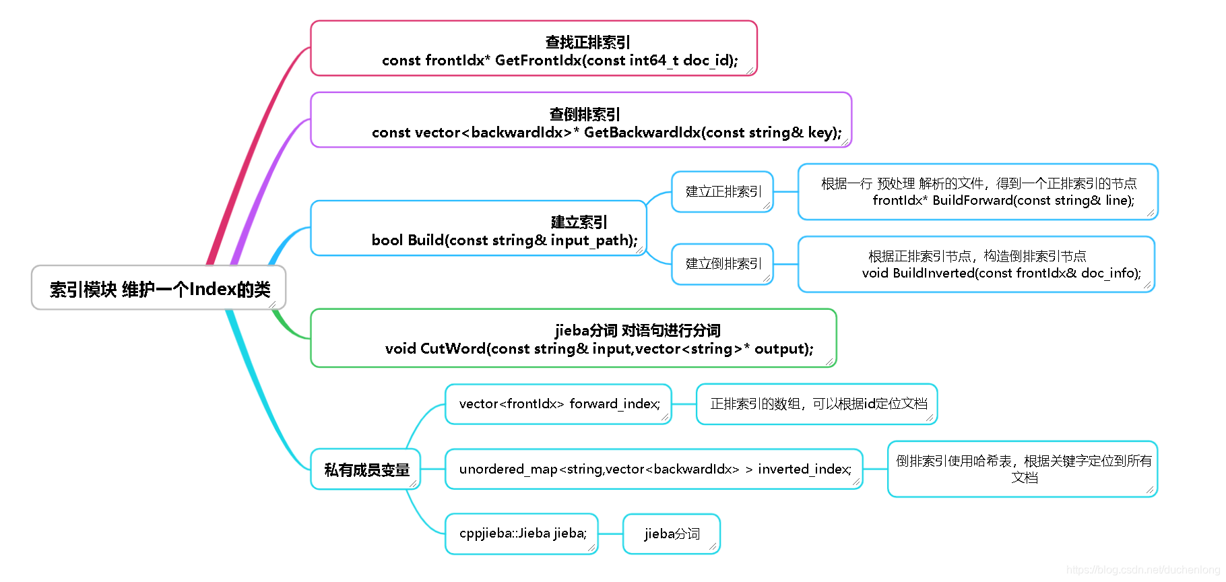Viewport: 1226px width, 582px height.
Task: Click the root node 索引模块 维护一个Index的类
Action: click(159, 288)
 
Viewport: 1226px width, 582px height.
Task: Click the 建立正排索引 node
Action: click(722, 192)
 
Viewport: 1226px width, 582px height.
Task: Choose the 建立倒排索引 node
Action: click(722, 264)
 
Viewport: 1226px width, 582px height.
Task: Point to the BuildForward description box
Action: click(977, 192)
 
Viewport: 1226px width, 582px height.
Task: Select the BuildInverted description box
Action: click(976, 264)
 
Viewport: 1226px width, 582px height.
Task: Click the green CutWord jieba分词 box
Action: click(573, 338)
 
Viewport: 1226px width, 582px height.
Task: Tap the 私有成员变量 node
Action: click(366, 470)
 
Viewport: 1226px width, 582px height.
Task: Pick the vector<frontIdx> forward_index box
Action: click(558, 404)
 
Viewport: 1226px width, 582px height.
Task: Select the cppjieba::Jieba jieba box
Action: click(522, 533)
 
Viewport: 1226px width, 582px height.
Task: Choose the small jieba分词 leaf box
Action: click(672, 534)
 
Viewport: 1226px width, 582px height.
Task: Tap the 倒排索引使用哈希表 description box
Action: click(1023, 469)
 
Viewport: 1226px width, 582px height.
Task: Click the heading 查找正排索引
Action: click(587, 42)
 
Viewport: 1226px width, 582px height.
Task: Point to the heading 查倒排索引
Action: click(584, 114)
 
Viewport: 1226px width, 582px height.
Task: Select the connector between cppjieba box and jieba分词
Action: click(610, 533)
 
